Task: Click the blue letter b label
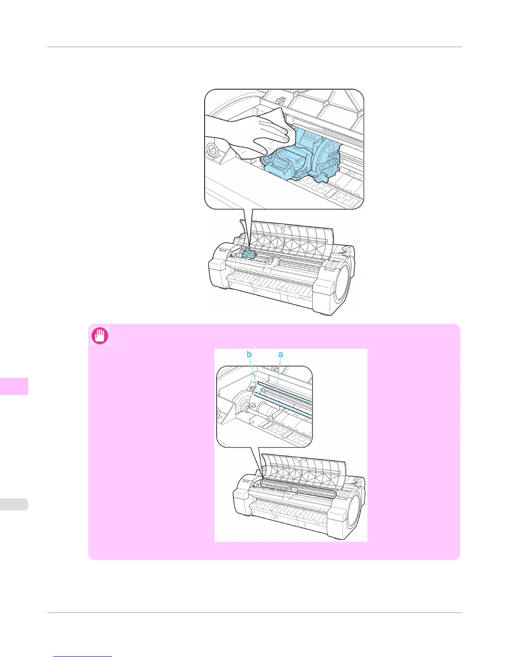(x=249, y=354)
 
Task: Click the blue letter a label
(x=280, y=354)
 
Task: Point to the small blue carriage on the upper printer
(x=249, y=253)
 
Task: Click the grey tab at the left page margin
(x=14, y=504)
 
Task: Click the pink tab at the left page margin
(x=14, y=386)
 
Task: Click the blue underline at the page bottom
(x=82, y=657)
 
